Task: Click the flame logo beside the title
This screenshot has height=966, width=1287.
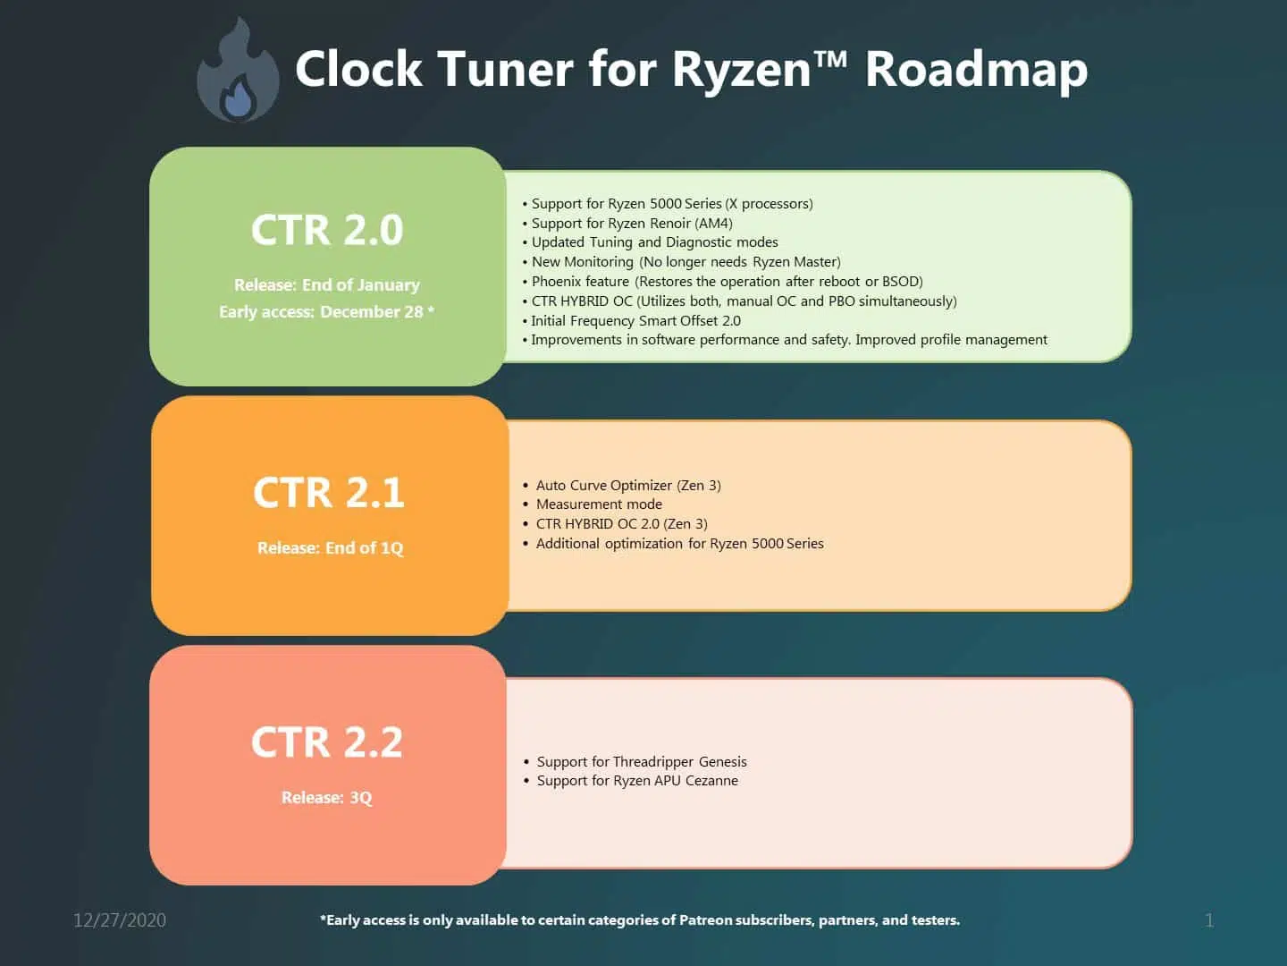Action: [x=238, y=71]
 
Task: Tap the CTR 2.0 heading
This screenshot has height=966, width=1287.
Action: [x=327, y=229]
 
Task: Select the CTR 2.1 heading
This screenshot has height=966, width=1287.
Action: [x=328, y=492]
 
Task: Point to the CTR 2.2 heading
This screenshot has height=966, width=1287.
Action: [x=327, y=742]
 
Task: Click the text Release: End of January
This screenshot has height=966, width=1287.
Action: [x=327, y=285]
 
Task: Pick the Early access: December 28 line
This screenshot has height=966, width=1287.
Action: [x=326, y=311]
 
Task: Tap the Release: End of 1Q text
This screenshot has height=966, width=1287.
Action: [x=331, y=547]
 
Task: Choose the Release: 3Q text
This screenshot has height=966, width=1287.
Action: [x=327, y=798]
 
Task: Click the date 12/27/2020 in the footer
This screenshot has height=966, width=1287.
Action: [x=120, y=920]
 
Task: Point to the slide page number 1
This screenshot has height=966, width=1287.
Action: [x=1209, y=920]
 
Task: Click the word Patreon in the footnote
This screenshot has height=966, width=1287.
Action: [x=705, y=919]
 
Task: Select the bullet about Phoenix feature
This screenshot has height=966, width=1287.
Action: [x=722, y=282]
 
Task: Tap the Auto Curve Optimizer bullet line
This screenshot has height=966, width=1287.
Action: [x=622, y=485]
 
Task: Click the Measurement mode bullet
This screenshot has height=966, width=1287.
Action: [x=593, y=504]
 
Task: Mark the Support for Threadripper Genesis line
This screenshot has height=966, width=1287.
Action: [x=635, y=761]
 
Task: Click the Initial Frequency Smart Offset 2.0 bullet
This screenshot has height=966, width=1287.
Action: [x=632, y=321]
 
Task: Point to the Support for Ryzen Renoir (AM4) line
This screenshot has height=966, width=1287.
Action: [x=627, y=224]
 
